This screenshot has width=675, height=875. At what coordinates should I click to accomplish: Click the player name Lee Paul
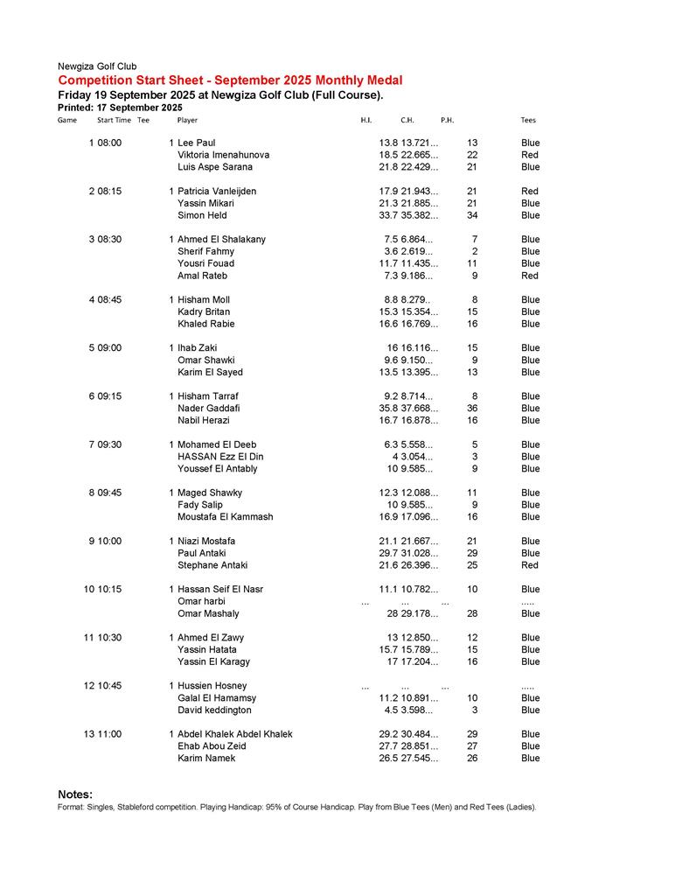196,143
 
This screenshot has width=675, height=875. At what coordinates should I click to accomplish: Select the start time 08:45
109,300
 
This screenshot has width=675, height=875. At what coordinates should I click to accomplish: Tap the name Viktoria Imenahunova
223,155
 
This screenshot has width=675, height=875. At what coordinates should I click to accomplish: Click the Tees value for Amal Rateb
530,276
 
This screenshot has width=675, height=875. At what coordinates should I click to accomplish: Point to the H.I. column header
366,120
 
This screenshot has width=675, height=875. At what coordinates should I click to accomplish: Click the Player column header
187,120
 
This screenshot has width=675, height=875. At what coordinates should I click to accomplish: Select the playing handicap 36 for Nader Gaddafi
472,409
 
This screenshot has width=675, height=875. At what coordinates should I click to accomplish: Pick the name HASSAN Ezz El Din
220,457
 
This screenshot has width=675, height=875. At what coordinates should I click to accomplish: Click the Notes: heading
75,794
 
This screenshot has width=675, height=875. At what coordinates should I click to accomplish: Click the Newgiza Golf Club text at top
96,66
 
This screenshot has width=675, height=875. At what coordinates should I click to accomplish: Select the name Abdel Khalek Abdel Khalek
235,734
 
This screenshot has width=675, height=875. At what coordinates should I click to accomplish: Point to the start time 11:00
109,734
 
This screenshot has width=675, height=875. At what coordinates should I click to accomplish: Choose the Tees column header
528,120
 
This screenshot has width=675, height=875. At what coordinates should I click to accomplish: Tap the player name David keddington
214,710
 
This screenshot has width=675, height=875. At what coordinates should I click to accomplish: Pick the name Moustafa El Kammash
225,517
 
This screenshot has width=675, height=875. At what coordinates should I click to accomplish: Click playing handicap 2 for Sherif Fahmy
474,252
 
